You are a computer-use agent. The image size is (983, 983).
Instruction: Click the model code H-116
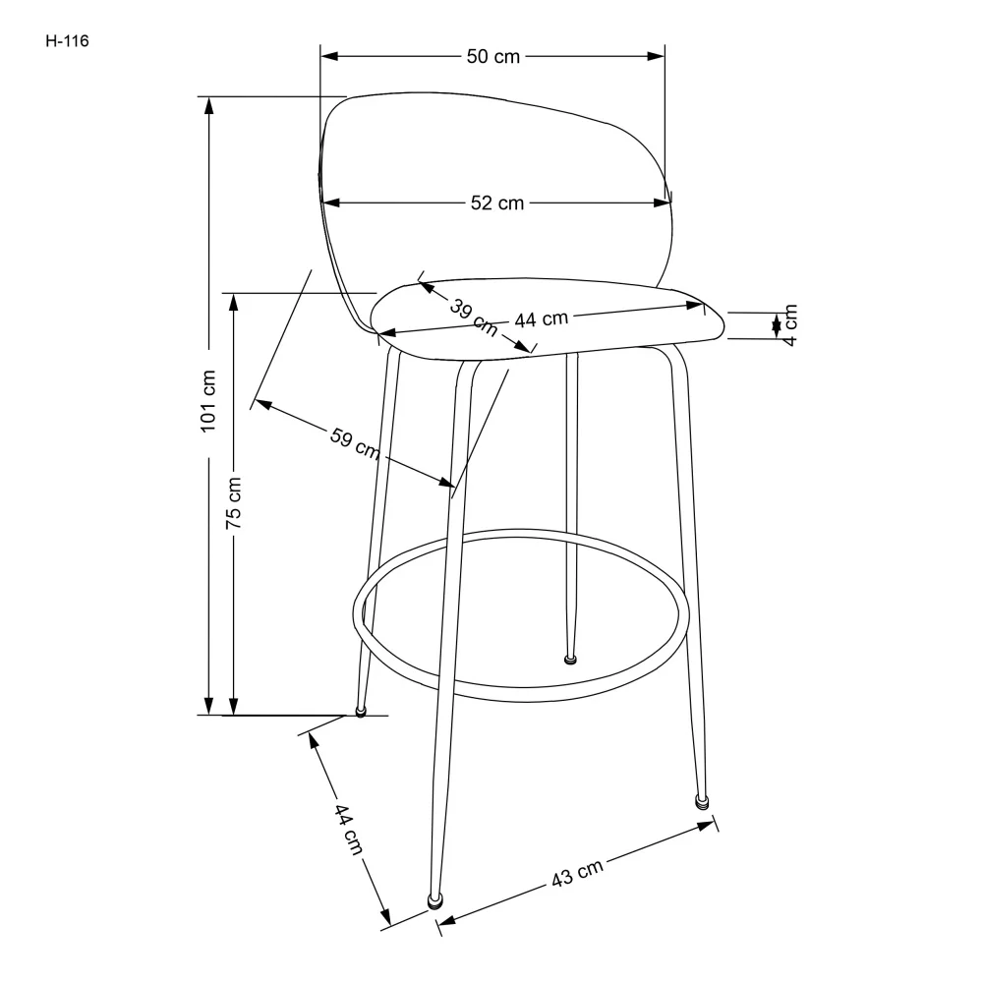coord(67,41)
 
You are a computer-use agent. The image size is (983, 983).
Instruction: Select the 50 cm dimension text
coord(492,57)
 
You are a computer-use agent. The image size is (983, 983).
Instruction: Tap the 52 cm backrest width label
coord(496,203)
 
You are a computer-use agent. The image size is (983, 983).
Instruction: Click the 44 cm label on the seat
coord(541,318)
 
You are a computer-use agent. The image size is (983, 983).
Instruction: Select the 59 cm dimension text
coord(354,443)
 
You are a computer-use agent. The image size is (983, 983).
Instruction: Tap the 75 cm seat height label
coord(234,503)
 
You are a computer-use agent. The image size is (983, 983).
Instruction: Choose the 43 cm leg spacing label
coord(577,874)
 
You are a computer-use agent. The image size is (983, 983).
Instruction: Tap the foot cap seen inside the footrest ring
coord(569,658)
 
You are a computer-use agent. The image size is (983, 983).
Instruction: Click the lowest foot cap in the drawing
coord(434,898)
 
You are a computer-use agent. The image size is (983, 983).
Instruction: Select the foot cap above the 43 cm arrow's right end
coord(701,801)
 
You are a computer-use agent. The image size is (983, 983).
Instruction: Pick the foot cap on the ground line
coord(361,710)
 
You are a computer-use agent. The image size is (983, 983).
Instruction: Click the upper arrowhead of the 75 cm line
coord(234,301)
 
